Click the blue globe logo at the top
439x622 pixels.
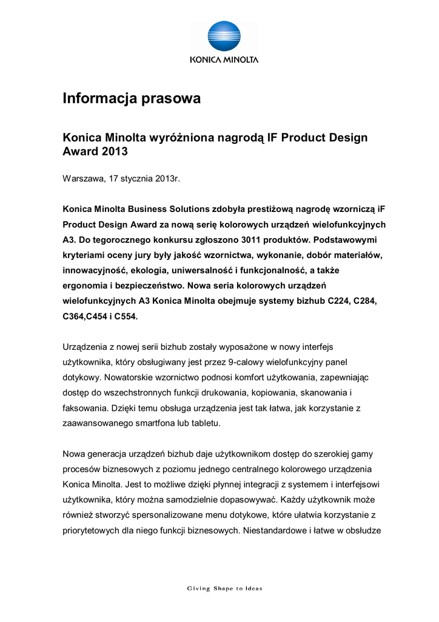[224, 36]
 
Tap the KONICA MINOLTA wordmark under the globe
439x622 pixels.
[224, 60]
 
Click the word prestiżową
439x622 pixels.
[264, 209]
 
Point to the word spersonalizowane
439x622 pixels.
[171, 515]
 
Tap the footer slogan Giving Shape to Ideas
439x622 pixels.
[224, 588]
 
